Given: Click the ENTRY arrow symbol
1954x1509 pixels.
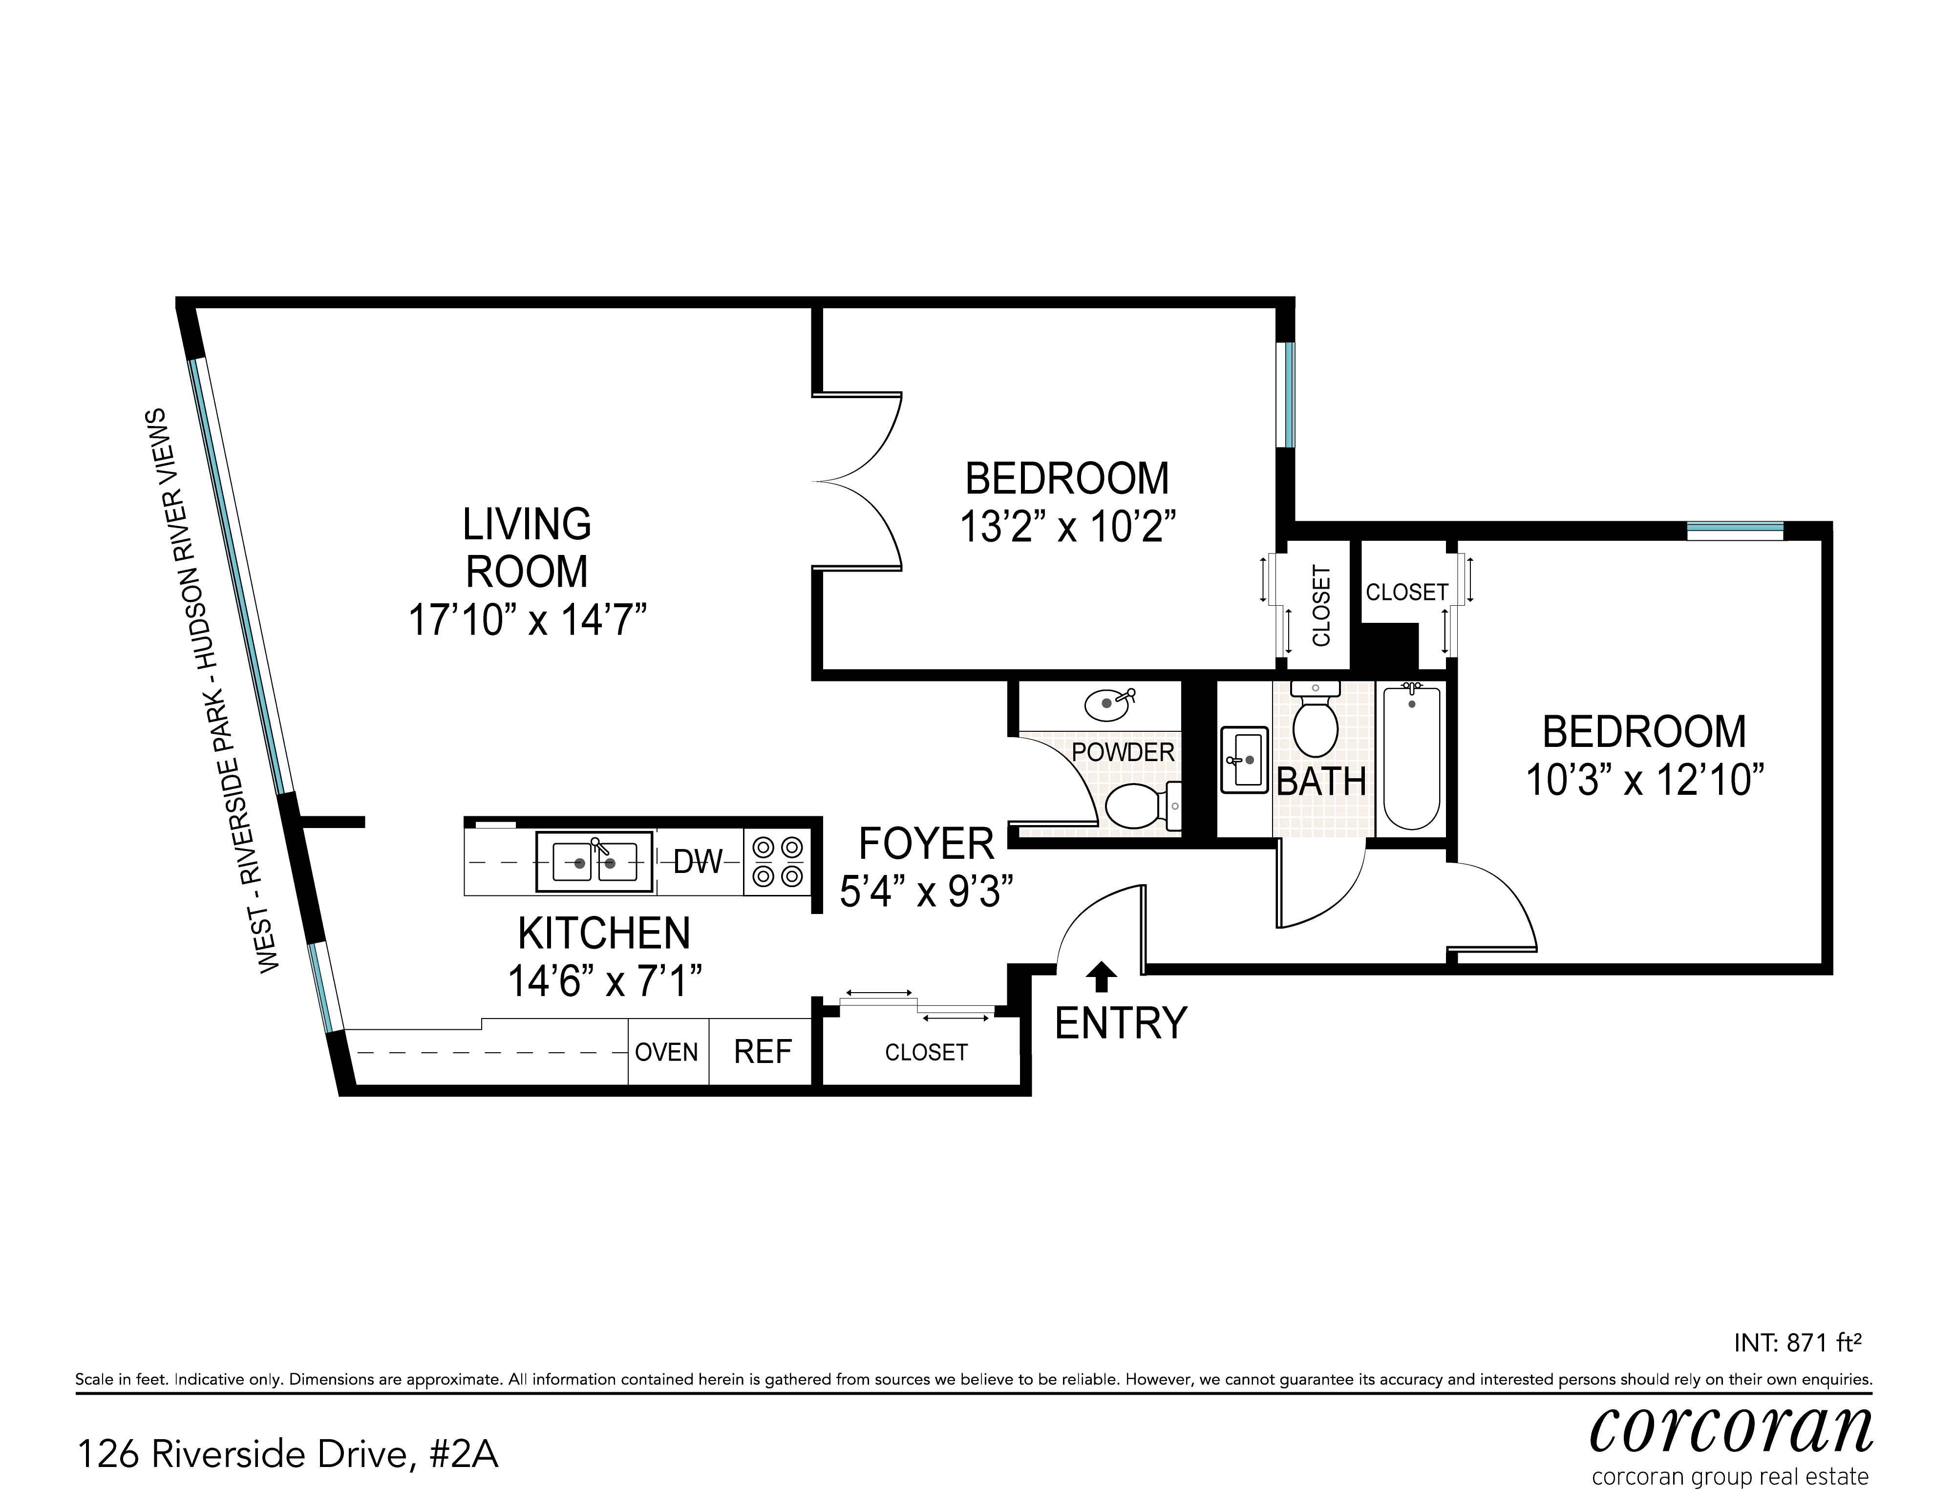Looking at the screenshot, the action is coord(1102,977).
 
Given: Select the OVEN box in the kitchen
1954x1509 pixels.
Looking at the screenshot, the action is coord(666,1052).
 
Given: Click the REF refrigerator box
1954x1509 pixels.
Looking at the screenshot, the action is coord(762,1052).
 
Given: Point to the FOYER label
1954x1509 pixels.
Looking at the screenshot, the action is coord(926,844).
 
